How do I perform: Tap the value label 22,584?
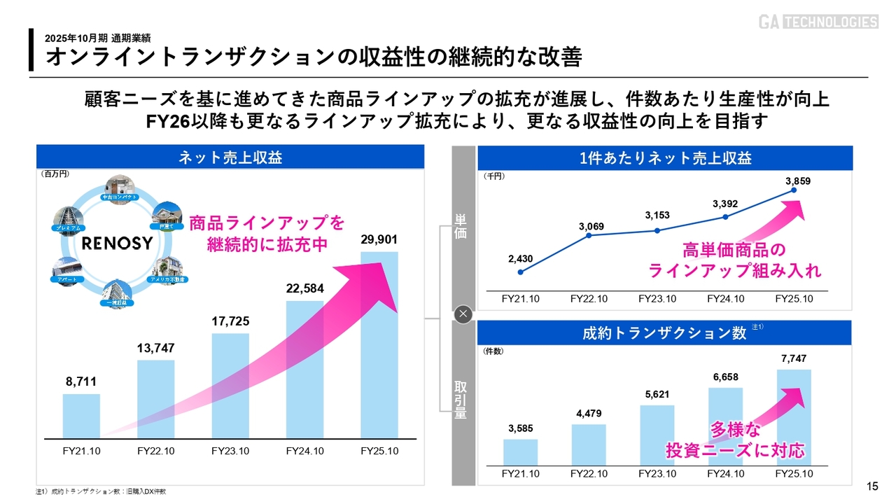[x=304, y=288]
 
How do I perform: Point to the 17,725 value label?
[x=230, y=321]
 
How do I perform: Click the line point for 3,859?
[x=794, y=190]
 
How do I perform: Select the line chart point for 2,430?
[x=521, y=272]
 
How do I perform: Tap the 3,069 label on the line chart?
[x=591, y=226]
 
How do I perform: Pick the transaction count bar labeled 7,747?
[x=794, y=417]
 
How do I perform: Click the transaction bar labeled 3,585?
[x=521, y=452]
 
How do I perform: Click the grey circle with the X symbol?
[x=463, y=314]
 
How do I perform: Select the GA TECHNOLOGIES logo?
[x=818, y=22]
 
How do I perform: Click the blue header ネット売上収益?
[x=230, y=157]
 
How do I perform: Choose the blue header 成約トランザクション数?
[x=664, y=333]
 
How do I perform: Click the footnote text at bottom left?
[x=101, y=491]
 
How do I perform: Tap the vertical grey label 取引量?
[x=461, y=400]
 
